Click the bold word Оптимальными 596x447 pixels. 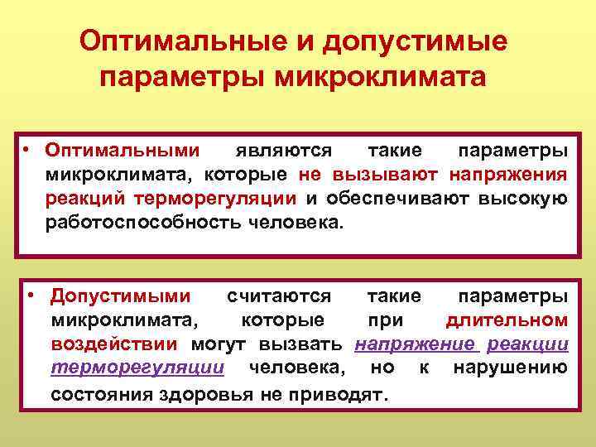point(123,151)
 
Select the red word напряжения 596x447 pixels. point(508,175)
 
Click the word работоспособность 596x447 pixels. point(140,221)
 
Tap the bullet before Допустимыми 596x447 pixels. point(30,296)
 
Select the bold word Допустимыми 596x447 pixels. point(121,296)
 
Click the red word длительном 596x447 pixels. point(507,320)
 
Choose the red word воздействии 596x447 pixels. point(114,344)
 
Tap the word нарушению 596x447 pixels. point(510,367)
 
